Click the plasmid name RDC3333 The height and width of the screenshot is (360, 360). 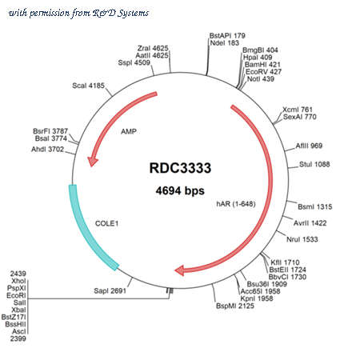[x=180, y=168]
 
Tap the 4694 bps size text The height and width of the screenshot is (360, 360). [x=180, y=191]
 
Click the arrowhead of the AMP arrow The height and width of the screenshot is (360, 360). [x=92, y=161]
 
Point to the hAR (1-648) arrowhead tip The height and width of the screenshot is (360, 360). [x=175, y=270]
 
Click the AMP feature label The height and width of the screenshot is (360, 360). [x=129, y=131]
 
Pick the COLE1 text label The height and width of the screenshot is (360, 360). [x=106, y=223]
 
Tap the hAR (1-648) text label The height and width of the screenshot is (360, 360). [x=236, y=204]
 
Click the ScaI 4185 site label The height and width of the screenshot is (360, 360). [x=88, y=86]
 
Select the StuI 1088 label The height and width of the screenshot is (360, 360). [x=314, y=164]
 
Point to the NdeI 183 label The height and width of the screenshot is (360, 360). [x=224, y=43]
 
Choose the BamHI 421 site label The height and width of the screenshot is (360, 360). [x=262, y=65]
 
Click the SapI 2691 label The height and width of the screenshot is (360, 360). [x=110, y=290]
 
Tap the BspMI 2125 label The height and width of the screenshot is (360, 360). [x=235, y=306]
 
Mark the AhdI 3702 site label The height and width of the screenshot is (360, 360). [x=47, y=149]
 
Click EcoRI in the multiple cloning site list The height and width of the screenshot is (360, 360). [x=16, y=295]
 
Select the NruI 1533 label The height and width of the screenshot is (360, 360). [x=302, y=239]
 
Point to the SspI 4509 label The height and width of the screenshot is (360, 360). [x=134, y=62]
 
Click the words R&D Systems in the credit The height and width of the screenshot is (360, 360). [x=121, y=13]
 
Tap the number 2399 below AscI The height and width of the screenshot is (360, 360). [x=18, y=338]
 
